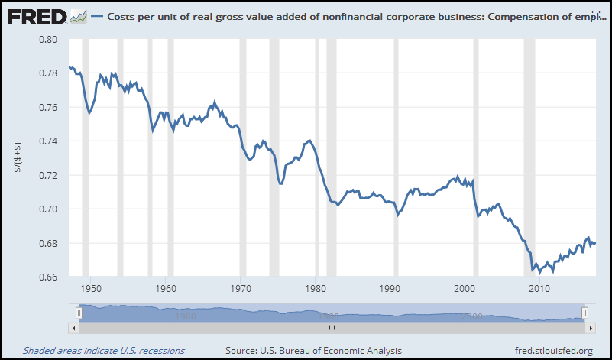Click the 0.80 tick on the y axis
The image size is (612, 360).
pyautogui.click(x=47, y=39)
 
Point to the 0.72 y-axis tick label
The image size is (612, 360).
pyautogui.click(x=47, y=176)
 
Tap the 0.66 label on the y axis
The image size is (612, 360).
pyautogui.click(x=47, y=277)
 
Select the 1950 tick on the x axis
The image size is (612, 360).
pyautogui.click(x=90, y=289)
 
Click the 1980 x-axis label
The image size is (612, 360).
pyautogui.click(x=316, y=289)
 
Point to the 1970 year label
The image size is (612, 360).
pyautogui.click(x=241, y=289)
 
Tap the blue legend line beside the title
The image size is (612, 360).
pyautogui.click(x=96, y=16)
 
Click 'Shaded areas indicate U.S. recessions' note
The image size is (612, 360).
pyautogui.click(x=104, y=351)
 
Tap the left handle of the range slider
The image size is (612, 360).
pyautogui.click(x=79, y=313)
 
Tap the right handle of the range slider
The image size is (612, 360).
pyautogui.click(x=584, y=313)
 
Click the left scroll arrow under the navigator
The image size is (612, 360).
pyautogui.click(x=73, y=327)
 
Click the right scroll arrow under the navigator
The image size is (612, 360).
pyautogui.click(x=588, y=327)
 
